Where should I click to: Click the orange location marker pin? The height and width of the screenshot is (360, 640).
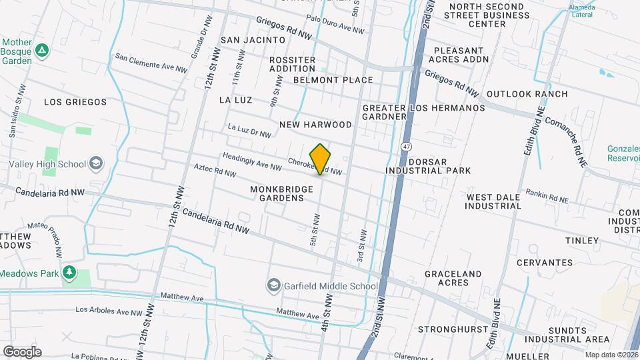tap(320, 159)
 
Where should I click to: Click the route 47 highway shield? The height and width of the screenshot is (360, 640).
tap(406, 146)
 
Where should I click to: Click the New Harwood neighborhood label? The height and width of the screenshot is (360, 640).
tap(315, 125)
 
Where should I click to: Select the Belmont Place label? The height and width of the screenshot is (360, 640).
tap(333, 80)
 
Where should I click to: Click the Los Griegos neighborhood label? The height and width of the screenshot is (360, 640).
tap(75, 102)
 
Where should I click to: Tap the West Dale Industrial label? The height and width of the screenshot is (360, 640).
tap(493, 201)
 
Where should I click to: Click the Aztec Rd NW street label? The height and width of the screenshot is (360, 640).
tap(215, 171)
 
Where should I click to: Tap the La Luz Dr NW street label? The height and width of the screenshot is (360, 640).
tap(249, 130)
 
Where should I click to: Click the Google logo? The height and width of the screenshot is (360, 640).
tap(21, 351)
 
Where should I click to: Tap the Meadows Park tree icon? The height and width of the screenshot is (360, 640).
tap(69, 273)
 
